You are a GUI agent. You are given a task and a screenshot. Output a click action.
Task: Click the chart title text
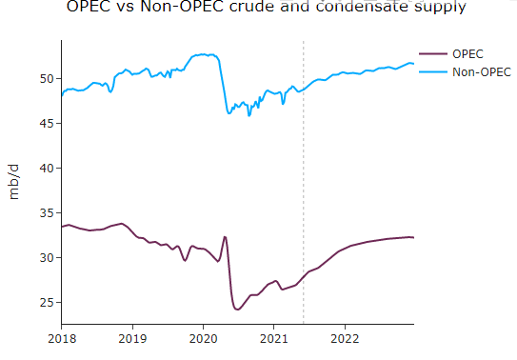click(266, 8)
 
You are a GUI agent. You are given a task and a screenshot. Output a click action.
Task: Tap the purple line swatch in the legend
click(433, 53)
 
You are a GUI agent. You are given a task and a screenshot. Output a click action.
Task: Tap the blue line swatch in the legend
click(433, 72)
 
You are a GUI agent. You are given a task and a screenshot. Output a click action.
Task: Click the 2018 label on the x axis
click(62, 337)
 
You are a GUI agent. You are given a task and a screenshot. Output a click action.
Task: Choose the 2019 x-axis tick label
click(132, 337)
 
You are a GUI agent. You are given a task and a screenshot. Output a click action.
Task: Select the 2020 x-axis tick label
click(203, 337)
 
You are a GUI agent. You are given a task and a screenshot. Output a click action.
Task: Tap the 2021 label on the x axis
click(273, 337)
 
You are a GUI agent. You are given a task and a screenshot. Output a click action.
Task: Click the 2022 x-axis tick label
click(344, 337)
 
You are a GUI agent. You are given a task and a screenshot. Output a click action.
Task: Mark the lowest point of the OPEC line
click(237, 310)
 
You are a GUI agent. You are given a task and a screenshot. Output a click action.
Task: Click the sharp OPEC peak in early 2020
click(225, 237)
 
